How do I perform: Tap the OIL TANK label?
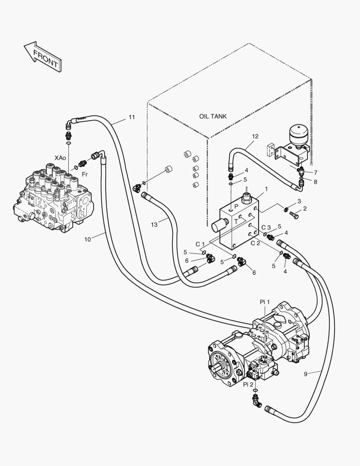[x=213, y=116]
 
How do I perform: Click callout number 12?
[x=255, y=136]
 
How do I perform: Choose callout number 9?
[x=305, y=374]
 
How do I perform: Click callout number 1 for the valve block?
[x=266, y=189]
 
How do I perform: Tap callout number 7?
[x=316, y=173]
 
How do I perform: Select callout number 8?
[x=316, y=182]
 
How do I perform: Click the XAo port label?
[x=60, y=158]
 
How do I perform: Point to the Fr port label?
[x=85, y=174]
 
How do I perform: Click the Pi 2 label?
[x=248, y=384]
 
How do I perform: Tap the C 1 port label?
[x=200, y=244]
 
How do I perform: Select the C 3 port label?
[x=266, y=227]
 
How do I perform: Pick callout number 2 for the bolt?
[x=305, y=209]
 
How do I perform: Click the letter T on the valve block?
[x=236, y=221]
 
